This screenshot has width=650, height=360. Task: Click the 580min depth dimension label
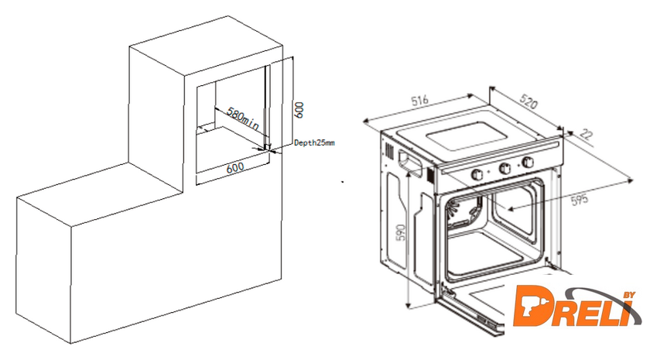pos(241,118)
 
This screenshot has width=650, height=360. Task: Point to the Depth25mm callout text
pos(314,143)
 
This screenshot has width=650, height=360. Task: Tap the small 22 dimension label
pos(585,135)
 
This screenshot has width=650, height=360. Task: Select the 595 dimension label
pos(578,198)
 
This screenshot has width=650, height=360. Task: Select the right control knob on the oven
pos(529,163)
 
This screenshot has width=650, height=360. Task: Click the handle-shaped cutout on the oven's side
pos(407,159)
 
